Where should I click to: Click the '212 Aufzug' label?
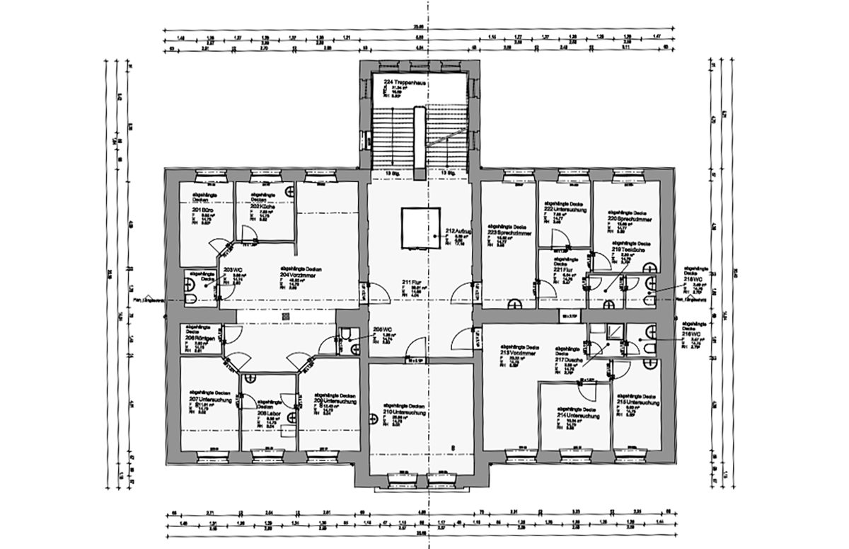458,231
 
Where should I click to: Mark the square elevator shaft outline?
421,228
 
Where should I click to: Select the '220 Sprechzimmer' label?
629,219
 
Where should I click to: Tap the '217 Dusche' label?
569,359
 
